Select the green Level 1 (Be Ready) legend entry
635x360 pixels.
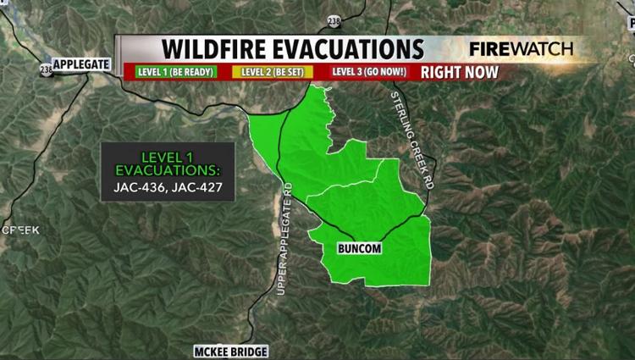(173, 71)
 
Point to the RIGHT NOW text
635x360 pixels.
(460, 71)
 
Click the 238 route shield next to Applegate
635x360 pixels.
(45, 69)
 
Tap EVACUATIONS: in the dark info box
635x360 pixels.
(168, 171)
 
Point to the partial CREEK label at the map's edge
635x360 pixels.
(19, 230)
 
